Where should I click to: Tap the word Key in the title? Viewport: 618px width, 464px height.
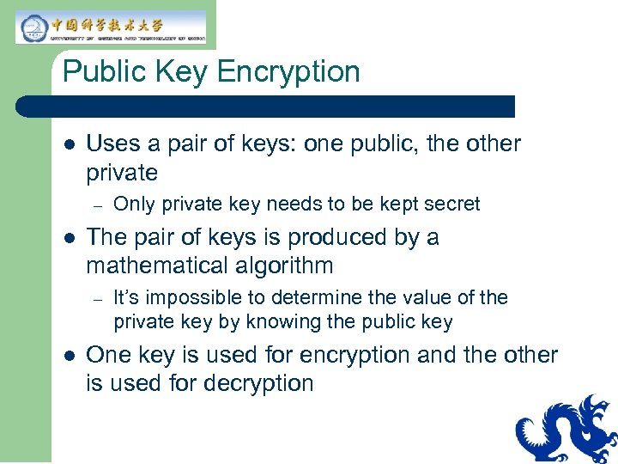pos(185,71)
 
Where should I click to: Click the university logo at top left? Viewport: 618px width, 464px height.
pos(111,27)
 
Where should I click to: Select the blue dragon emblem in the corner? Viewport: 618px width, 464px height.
pos(567,430)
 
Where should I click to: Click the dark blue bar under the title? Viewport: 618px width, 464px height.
pos(266,107)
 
